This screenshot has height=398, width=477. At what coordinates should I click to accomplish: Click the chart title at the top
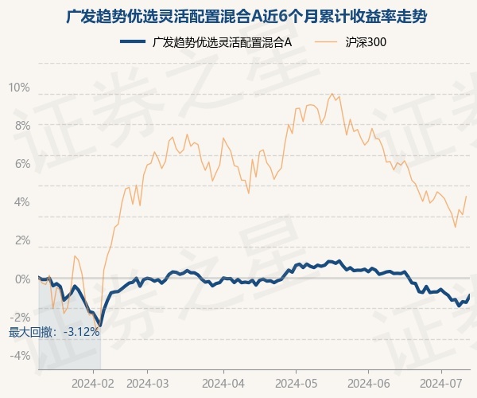coord(246,17)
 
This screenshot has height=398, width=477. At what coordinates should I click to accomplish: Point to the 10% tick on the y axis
coord(19,88)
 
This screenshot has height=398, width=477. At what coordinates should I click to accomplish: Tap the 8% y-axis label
coord(22,126)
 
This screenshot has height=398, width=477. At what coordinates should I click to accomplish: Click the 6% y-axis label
coord(22,164)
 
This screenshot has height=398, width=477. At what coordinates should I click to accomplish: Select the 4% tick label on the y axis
coord(22,202)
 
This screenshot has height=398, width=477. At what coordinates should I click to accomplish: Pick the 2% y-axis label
coord(22,240)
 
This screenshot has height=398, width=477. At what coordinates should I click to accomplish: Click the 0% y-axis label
coord(22,279)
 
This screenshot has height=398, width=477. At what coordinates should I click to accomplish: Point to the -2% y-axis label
coord(20,317)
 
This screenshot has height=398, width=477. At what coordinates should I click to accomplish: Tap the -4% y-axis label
coord(20,355)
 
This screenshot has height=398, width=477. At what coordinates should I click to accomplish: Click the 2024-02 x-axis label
coord(93,384)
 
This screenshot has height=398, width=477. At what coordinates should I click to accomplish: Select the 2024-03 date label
coord(148,384)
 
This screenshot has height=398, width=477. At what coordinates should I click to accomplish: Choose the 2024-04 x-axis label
coord(223,384)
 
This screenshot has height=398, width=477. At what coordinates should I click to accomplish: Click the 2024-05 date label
coord(296,384)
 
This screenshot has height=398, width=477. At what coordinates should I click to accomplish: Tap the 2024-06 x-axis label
coord(368,384)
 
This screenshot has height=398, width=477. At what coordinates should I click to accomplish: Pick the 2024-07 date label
coord(441,384)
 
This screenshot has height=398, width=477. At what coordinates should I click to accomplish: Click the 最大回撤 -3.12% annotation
coord(54,332)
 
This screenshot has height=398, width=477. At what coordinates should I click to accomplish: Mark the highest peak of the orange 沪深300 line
coord(332,94)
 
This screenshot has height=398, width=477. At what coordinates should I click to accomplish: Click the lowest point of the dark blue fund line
coord(100,326)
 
